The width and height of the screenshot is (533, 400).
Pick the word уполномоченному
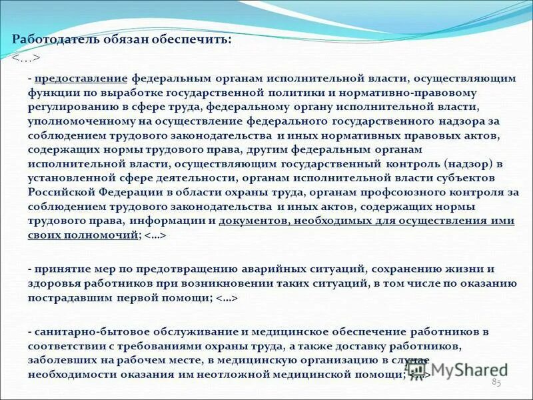pyautogui.click(x=74, y=123)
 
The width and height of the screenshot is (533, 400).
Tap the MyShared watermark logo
pyautogui.click(x=460, y=367)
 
